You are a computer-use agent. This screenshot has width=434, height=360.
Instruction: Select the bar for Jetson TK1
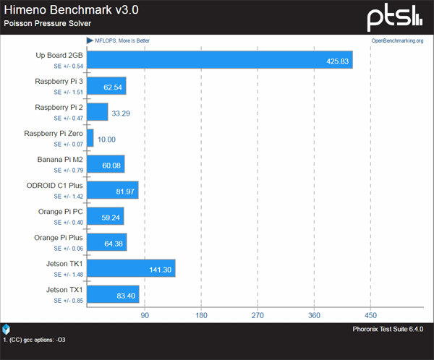[131, 268]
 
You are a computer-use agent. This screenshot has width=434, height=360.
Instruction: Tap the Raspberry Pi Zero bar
[90, 138]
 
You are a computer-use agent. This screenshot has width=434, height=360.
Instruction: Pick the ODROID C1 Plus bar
[112, 190]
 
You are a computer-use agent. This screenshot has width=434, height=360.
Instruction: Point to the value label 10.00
[106, 139]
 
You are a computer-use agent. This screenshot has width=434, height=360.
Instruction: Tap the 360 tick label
[314, 315]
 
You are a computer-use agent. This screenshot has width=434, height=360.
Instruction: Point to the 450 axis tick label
[370, 315]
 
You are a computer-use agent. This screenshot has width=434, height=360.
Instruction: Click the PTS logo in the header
[393, 15]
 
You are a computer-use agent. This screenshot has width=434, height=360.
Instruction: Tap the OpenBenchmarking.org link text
[397, 40]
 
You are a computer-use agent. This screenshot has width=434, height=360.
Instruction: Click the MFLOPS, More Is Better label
[122, 40]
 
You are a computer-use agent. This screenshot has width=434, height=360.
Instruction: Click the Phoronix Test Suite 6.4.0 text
[390, 330]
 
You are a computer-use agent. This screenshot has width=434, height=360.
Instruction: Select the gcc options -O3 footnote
[36, 339]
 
